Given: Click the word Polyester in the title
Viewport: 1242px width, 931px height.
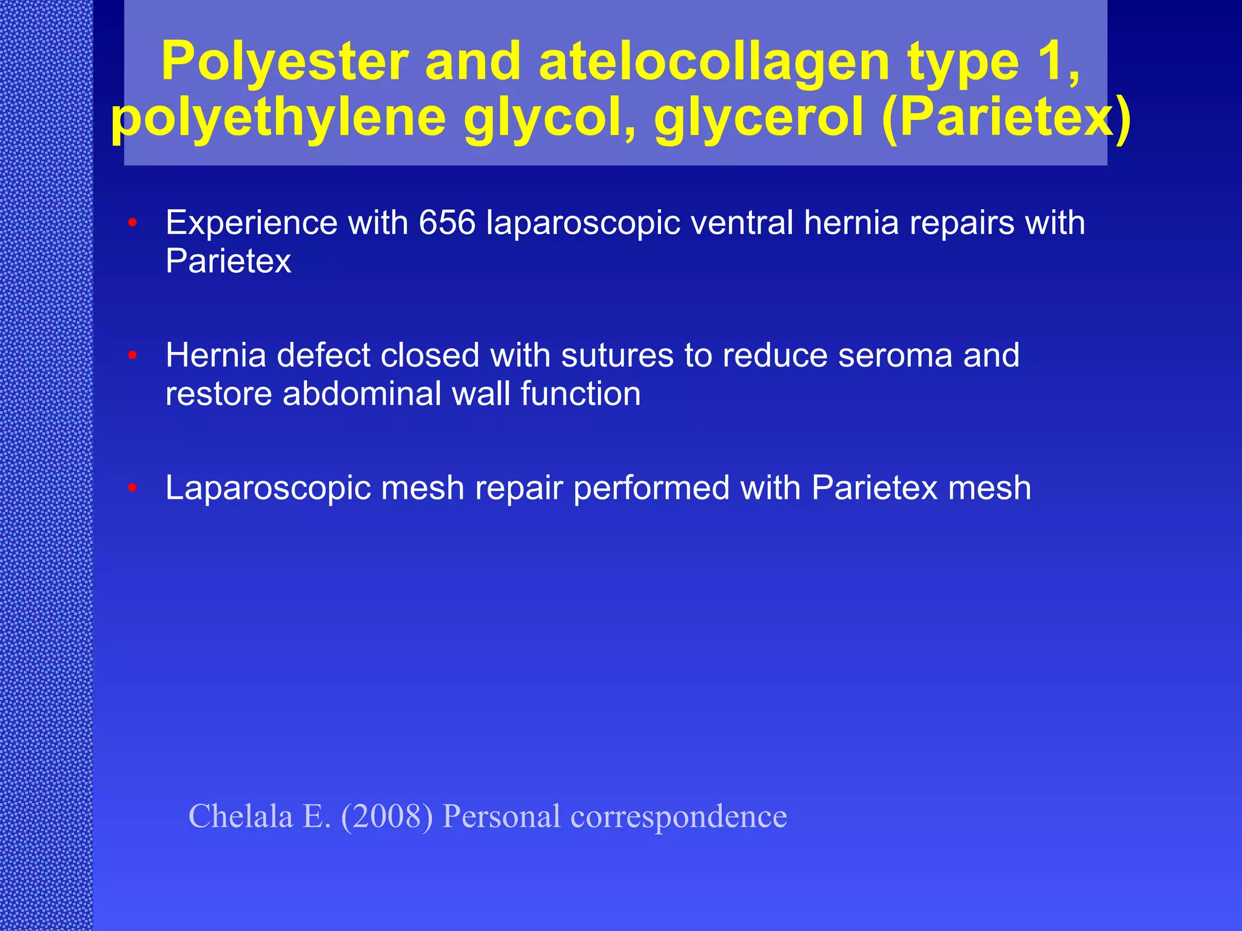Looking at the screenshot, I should click(x=284, y=62).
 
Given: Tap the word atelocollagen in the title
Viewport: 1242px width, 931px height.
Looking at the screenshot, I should click(x=714, y=62).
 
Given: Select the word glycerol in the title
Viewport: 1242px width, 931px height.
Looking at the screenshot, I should click(x=759, y=118).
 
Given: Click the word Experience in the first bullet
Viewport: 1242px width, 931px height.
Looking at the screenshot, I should click(x=251, y=222).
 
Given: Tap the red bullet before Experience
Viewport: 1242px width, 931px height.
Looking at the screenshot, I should click(x=133, y=223).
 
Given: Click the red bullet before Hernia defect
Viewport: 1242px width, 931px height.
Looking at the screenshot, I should click(x=133, y=355).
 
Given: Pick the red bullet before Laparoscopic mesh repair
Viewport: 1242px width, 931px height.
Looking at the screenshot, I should click(x=133, y=488).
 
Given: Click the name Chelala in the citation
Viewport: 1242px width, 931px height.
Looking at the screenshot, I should click(x=241, y=816).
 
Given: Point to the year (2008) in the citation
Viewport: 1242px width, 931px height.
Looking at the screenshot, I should click(x=387, y=816).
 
